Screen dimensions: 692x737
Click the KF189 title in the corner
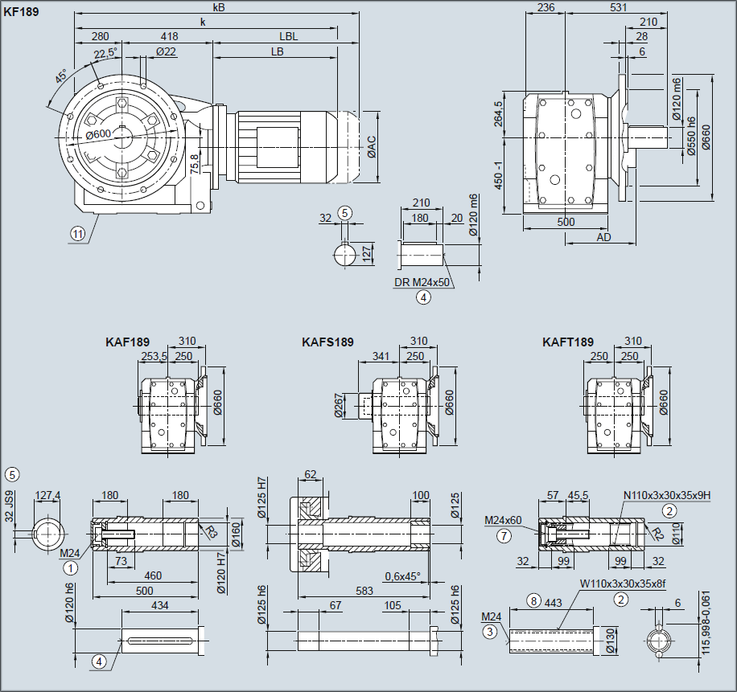pyautogui.click(x=21, y=12)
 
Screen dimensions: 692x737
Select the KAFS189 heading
pyautogui.click(x=327, y=342)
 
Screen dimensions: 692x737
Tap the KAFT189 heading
pyautogui.click(x=568, y=342)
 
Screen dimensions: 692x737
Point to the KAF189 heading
pyautogui.click(x=127, y=342)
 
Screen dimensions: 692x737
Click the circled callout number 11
pyautogui.click(x=77, y=234)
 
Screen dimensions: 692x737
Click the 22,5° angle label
pyautogui.click(x=105, y=54)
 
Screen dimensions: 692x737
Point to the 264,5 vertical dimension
pyautogui.click(x=499, y=114)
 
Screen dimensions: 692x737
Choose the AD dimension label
pyautogui.click(x=604, y=238)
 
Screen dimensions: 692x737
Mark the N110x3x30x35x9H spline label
pyautogui.click(x=667, y=495)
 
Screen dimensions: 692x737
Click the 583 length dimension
pyautogui.click(x=364, y=592)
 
